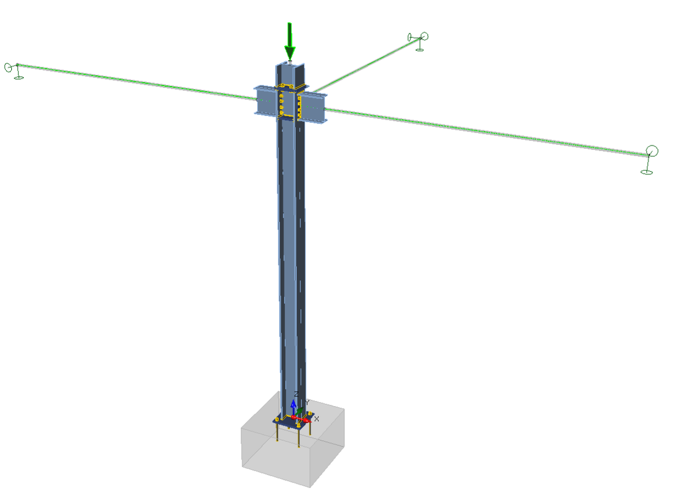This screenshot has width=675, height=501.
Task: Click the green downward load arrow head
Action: click(290, 53)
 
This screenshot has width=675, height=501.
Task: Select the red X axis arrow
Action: click(304, 419)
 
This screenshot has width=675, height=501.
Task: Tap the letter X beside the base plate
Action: click(317, 419)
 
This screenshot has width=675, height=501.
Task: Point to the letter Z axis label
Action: click(296, 394)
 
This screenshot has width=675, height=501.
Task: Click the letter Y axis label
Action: click(307, 402)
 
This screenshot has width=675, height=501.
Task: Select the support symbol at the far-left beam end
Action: click(13, 69)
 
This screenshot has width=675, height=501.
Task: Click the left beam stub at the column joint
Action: click(265, 101)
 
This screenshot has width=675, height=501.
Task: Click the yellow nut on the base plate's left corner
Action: click(277, 419)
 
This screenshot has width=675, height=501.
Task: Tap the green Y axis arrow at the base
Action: click(300, 412)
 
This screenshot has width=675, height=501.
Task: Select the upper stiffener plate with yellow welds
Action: click(288, 87)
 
